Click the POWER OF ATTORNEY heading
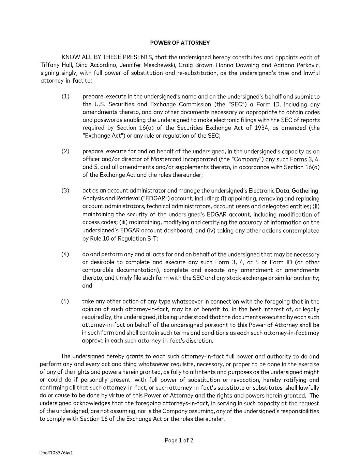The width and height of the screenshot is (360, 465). pos(180,43)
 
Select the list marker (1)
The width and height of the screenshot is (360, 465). pos(65,97)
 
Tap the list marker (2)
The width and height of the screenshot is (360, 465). pos(65,151)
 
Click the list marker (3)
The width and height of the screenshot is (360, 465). pos(65,190)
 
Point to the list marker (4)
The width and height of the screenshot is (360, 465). pos(65,254)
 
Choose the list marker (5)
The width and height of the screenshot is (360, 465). pos(65,301)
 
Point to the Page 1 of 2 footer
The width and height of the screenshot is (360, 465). pos(179,440)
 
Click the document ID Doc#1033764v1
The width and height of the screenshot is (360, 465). pos(56,453)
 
